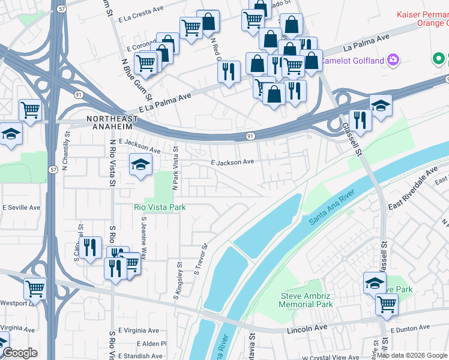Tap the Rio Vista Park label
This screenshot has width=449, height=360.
[x=159, y=207]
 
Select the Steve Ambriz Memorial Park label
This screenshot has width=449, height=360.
[x=307, y=300]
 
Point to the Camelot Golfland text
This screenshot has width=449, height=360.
[x=352, y=61]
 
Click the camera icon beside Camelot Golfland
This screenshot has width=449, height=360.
[x=393, y=59]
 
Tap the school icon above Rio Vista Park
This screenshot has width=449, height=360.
[x=140, y=164]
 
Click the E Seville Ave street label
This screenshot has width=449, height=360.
[x=21, y=208]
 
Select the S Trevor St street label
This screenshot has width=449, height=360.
[x=200, y=259]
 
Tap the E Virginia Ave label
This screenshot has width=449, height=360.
[x=139, y=331]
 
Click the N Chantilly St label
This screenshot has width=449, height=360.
[x=67, y=148]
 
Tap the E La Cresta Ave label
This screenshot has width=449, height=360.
[x=142, y=19]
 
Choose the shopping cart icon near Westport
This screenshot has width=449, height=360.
[x=35, y=289]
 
